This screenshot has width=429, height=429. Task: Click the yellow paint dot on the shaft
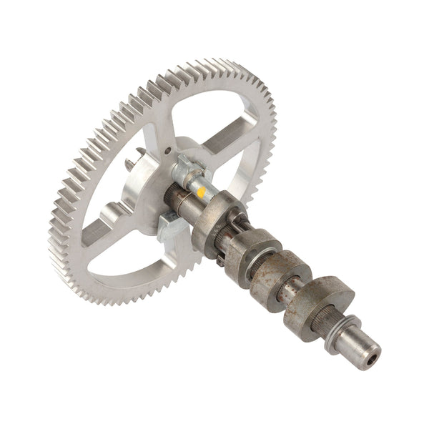(x=201, y=192)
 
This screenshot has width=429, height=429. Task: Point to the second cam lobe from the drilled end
(x=283, y=275)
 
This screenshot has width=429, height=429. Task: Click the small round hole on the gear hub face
(x=167, y=152)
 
